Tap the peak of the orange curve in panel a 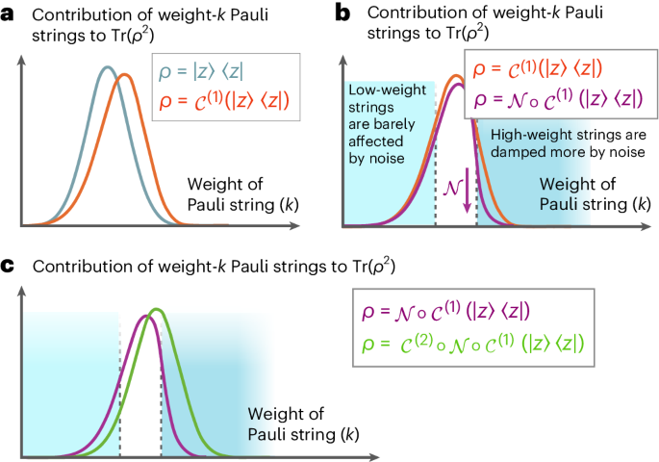(124, 75)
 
